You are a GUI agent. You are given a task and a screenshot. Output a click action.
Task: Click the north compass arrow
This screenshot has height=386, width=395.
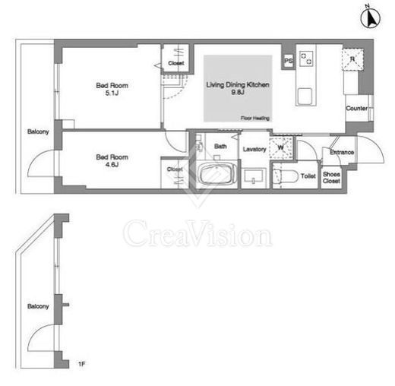point(371,18)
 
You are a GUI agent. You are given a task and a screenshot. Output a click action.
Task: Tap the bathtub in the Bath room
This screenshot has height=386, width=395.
point(218,174)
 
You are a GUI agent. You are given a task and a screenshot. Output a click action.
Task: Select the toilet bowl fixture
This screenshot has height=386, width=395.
point(286,176)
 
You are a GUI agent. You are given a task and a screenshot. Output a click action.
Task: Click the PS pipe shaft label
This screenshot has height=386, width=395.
point(289,61)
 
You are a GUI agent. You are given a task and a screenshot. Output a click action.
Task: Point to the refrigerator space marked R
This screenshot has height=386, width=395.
point(352,59)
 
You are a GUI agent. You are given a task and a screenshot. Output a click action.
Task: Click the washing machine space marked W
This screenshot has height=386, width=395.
point(281,147)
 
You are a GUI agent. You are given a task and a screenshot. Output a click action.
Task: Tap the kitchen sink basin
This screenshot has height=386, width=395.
point(305,96)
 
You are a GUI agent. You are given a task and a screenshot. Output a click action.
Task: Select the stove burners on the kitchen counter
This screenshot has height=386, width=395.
point(306,59)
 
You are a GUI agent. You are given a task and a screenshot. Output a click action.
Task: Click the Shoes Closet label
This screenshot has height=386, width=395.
point(331,178)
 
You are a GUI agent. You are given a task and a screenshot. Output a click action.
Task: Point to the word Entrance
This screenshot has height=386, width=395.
point(342,152)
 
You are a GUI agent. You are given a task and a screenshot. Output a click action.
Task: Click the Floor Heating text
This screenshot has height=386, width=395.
point(254,118)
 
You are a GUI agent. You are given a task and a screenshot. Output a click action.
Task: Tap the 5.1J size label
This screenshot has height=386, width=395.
point(112,93)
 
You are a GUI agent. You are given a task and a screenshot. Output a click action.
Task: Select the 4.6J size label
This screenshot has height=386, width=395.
point(112,165)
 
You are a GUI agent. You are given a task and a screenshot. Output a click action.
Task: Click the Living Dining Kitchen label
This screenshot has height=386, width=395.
point(238,84)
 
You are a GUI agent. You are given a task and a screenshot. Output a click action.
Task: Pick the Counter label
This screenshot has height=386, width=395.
point(356,108)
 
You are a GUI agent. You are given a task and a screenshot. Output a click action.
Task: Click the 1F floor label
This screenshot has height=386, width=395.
point(81,364)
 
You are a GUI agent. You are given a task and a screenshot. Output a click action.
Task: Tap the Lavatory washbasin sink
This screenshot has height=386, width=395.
point(254,176)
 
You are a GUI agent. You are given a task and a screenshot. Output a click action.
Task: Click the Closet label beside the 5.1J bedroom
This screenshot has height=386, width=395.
point(176,63)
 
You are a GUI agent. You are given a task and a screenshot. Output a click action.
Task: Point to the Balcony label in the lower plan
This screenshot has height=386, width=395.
point(38,306)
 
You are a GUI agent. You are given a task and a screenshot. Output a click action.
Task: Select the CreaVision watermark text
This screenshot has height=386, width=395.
point(197,233)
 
